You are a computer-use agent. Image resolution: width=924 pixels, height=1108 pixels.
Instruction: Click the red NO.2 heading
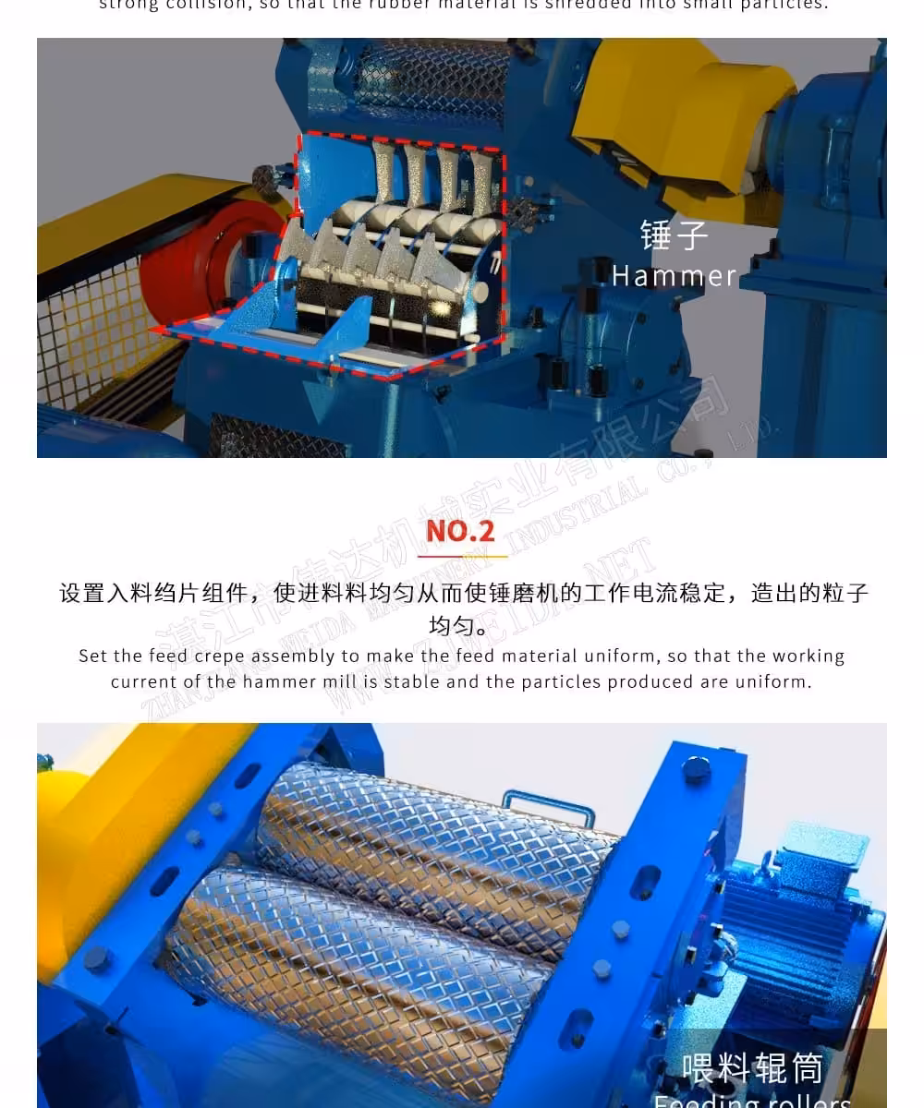[460, 531]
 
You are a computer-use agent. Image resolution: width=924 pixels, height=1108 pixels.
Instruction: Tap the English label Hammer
[674, 275]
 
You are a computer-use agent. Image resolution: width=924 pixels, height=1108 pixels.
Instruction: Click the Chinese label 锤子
[674, 235]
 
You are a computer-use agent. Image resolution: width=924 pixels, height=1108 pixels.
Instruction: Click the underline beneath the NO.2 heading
[462, 556]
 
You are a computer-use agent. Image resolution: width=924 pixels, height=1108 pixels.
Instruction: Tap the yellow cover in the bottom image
[111, 831]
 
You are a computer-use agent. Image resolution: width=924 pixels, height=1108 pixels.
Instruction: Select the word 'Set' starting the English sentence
[93, 656]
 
